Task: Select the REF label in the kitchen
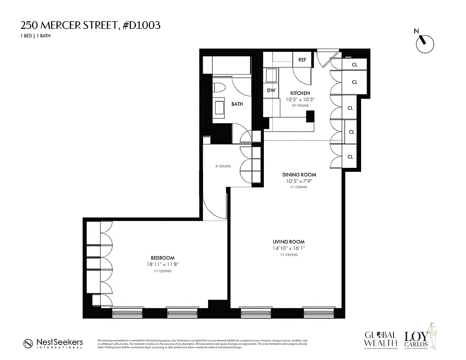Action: tap(302, 60)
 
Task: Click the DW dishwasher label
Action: tap(271, 90)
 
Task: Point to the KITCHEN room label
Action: tap(300, 93)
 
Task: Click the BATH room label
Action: tap(237, 104)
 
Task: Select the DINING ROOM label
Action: tap(299, 175)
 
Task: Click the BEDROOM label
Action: tap(163, 258)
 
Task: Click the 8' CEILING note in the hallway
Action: tap(223, 166)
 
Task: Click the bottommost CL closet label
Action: tap(349, 157)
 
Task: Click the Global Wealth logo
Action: tap(381, 339)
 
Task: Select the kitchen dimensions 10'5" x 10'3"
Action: tap(300, 99)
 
